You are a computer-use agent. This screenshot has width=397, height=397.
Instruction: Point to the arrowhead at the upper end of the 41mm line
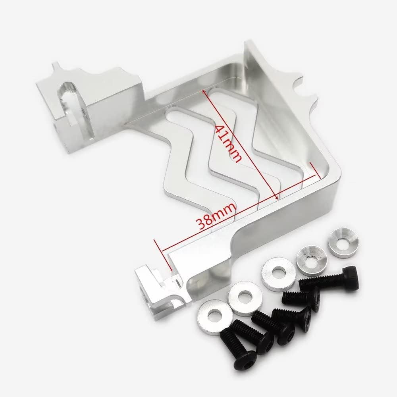(x=204, y=92)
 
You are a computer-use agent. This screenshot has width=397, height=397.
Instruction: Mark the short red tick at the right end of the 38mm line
(x=315, y=170)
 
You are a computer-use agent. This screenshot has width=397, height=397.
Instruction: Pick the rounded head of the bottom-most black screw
(x=244, y=358)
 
